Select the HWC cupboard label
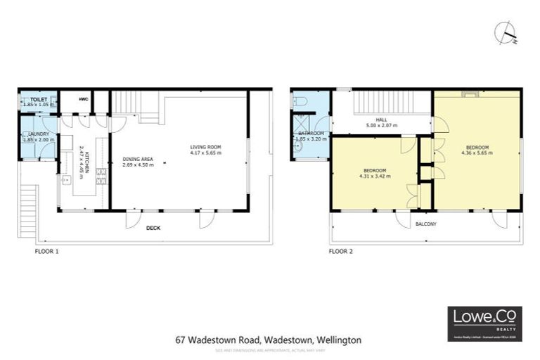click(83, 100)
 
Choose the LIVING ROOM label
click(206, 147)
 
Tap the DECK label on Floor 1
click(155, 228)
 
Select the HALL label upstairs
click(382, 120)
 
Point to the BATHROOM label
click(310, 133)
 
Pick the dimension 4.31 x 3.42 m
click(373, 176)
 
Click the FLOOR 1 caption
click(46, 250)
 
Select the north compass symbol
click(507, 33)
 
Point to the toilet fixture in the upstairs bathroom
click(301, 103)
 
